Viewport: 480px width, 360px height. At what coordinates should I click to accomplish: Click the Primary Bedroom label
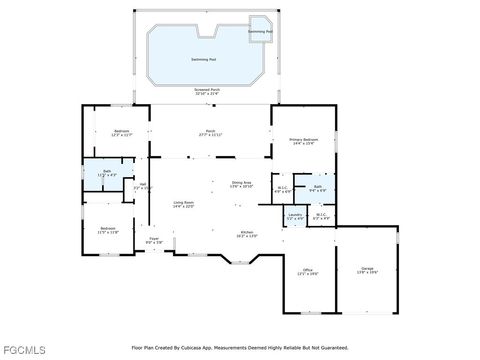302,142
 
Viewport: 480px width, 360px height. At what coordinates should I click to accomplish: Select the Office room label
307,271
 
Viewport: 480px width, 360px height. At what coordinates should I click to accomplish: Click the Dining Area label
241,184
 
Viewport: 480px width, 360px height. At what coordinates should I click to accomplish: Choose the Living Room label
182,204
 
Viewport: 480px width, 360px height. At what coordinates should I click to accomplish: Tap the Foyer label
154,240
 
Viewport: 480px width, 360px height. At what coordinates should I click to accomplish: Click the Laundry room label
295,215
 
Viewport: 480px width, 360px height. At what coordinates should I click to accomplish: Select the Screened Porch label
208,91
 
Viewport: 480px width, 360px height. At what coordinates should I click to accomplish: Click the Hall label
143,185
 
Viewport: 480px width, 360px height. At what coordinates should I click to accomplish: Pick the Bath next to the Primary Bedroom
317,188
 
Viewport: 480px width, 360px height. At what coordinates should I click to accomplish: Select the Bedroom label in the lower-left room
108,231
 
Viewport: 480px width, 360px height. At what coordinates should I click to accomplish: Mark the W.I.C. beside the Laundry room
321,215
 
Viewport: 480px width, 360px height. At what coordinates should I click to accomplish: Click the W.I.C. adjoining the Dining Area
283,188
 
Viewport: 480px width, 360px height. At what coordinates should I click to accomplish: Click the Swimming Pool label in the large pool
207,60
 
